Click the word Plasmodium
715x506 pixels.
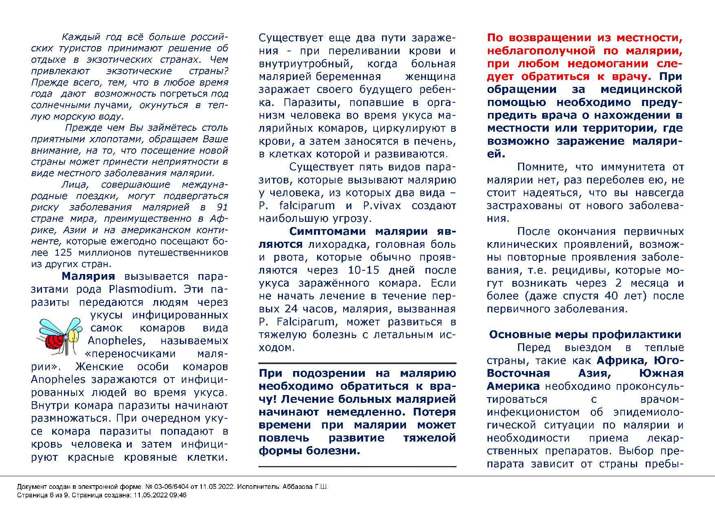point(141,289)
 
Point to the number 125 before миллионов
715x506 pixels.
point(63,252)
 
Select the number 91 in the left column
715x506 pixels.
point(223,207)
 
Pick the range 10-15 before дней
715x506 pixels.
point(363,270)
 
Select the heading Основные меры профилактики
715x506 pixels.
point(585,335)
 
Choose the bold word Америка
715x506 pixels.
point(513,386)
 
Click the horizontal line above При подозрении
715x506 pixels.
point(357,363)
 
